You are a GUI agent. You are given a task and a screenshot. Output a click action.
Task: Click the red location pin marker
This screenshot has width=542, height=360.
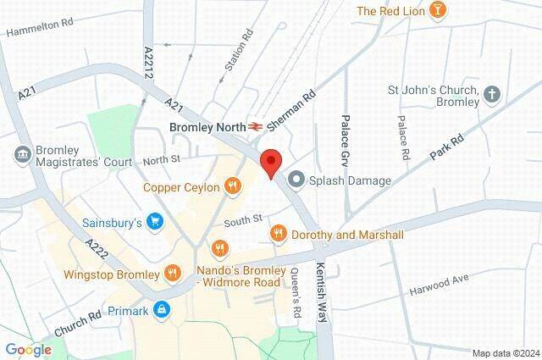tap(270, 162)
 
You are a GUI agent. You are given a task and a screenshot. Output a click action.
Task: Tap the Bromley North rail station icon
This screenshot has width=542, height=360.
tap(253, 126)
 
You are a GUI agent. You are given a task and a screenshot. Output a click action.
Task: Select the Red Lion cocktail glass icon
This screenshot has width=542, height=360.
tap(438, 11)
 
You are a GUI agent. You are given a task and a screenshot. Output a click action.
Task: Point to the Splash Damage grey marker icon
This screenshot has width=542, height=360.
tap(296, 180)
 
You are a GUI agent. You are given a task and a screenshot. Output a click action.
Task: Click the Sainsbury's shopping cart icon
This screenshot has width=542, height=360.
tap(154, 224)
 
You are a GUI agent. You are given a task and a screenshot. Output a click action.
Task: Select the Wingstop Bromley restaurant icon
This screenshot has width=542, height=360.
tap(173, 274)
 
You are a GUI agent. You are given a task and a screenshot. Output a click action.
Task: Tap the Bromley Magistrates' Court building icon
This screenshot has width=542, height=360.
tap(23, 154)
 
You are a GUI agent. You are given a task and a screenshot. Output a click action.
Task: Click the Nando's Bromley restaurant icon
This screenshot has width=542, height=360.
tap(220, 248)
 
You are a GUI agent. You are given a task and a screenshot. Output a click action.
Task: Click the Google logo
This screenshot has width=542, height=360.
tap(28, 349)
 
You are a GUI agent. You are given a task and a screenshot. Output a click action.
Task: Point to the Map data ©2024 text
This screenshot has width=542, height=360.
tap(505, 353)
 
